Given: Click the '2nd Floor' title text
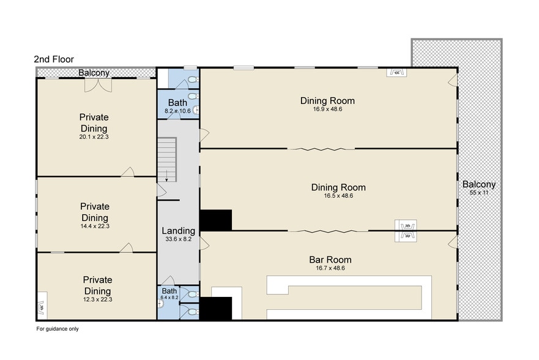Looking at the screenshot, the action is click(54, 59).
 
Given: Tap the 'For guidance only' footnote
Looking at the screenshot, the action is click(58, 329).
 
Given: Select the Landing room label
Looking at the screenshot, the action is click(179, 231).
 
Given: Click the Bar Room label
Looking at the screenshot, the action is click(330, 260).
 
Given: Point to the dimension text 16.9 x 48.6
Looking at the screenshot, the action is click(327, 110).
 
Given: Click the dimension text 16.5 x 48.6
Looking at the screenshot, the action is click(338, 196).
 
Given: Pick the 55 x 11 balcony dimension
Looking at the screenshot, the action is click(479, 192).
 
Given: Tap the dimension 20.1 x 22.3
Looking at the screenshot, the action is click(94, 137).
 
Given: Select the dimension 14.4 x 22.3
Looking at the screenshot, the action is click(95, 227).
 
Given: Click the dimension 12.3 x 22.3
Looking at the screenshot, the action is click(98, 299).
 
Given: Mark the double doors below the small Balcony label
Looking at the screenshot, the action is click(99, 85).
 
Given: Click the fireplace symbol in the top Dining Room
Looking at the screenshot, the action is click(396, 72).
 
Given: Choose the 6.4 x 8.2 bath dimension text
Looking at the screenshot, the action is click(169, 298).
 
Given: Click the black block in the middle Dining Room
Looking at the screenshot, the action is click(215, 220).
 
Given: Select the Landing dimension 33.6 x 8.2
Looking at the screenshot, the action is click(179, 239).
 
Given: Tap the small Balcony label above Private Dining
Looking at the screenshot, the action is click(94, 72).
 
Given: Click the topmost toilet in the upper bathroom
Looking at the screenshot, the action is click(193, 80).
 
